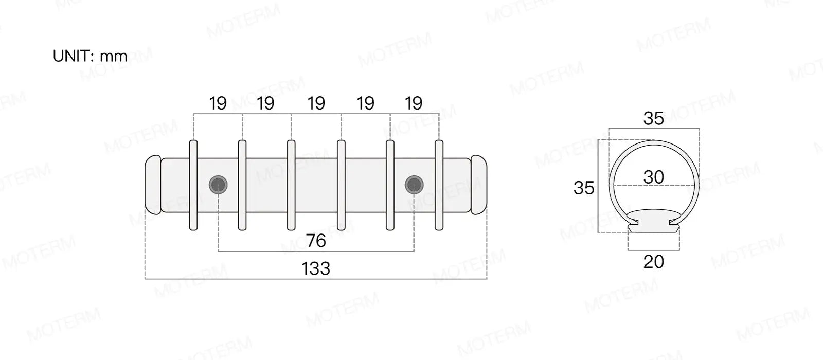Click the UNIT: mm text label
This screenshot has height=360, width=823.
90,56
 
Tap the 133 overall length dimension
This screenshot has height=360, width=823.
316,268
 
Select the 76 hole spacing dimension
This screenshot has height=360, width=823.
316,241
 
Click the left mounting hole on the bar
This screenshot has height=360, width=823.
218,185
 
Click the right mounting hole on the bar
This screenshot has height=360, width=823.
414,185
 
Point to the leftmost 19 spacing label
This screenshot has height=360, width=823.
218,103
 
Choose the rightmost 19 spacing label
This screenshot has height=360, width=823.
414,103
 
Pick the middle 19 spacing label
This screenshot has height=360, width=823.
316,103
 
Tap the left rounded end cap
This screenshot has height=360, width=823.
153,185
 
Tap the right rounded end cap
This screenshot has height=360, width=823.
479,185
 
